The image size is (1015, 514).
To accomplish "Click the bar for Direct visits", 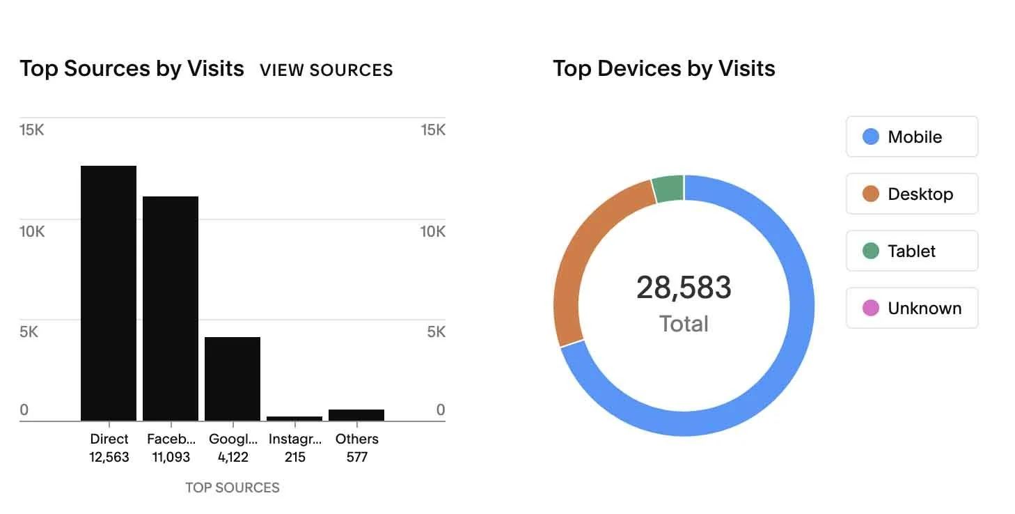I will tap(109, 293).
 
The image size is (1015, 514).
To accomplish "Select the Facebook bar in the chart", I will tap(171, 309).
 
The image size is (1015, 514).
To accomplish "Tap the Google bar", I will tap(233, 379).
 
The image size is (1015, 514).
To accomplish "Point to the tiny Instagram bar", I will tap(294, 418).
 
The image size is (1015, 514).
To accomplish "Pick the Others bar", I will tap(356, 415).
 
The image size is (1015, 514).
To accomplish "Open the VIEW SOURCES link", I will tap(326, 70).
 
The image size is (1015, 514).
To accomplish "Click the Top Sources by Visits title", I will tap(132, 69).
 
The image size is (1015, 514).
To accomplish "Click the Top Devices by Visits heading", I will tap(663, 69).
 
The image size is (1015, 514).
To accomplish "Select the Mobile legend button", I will tap(912, 137).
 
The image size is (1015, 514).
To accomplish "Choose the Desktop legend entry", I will tap(912, 194).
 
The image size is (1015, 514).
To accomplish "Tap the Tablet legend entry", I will tap(912, 251).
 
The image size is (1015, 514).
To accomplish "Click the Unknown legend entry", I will tap(912, 308).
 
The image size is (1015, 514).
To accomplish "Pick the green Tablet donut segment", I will tap(668, 189).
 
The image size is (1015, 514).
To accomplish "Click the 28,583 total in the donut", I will tap(684, 288).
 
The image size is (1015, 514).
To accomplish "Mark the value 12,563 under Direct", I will tap(109, 458).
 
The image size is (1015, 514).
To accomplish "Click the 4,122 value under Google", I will tap(233, 458).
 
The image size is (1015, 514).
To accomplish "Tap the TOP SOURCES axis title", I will tap(233, 488).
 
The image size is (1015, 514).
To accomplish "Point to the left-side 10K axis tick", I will tap(32, 231).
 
